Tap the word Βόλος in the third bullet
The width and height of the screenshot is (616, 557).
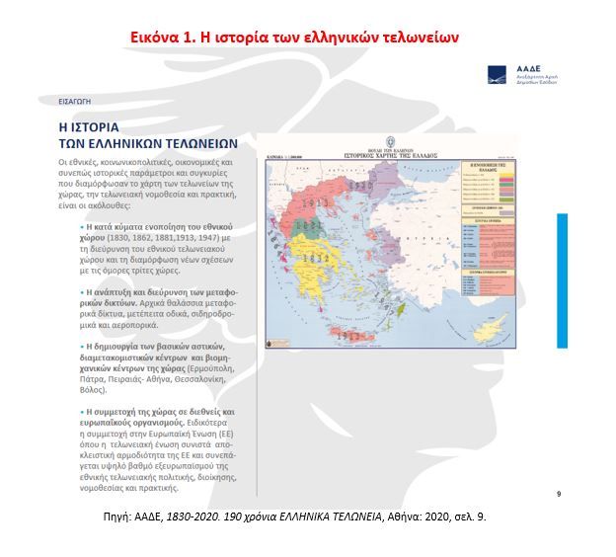pyautogui.click(x=94, y=376)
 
